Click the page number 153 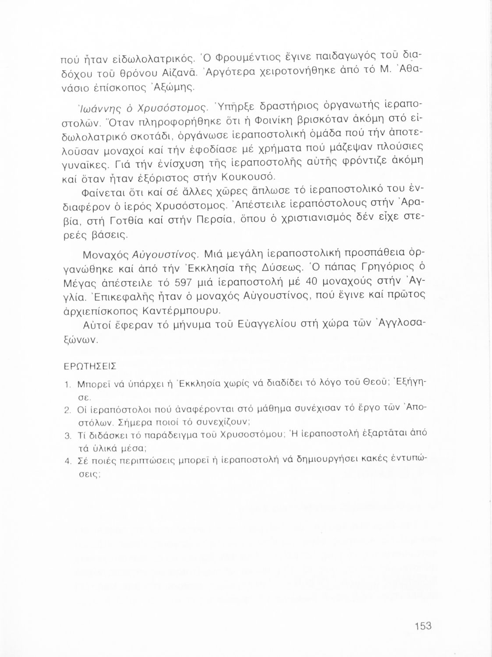(x=423, y=626)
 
